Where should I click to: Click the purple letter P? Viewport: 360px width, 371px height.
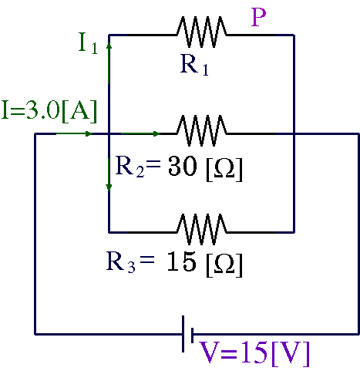[x=258, y=17]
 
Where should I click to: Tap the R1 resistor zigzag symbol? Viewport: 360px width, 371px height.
[x=202, y=32]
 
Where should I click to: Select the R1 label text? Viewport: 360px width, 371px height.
[x=194, y=65]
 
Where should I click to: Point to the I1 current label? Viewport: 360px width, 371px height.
[x=88, y=43]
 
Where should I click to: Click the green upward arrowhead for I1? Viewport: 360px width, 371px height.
[x=109, y=46]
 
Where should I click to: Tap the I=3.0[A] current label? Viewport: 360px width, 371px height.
[x=49, y=111]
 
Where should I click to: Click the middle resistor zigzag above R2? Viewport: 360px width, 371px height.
[x=202, y=130]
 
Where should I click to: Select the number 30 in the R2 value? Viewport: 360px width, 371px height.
[x=183, y=167]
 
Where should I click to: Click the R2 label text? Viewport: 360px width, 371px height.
[x=130, y=167]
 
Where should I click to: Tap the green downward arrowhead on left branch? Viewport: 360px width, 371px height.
[x=109, y=187]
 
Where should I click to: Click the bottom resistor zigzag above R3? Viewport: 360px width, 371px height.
[x=202, y=229]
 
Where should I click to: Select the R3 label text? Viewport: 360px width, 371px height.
[x=121, y=262]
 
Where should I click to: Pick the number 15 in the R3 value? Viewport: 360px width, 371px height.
[x=182, y=261]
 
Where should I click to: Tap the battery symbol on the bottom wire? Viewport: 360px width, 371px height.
[x=187, y=334]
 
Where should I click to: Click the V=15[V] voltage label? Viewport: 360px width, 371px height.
[x=254, y=354]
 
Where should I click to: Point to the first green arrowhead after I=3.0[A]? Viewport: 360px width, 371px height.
[x=89, y=133]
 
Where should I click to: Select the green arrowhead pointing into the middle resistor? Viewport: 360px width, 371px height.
[x=156, y=133]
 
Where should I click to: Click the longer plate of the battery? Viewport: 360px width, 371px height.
[x=183, y=334]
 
